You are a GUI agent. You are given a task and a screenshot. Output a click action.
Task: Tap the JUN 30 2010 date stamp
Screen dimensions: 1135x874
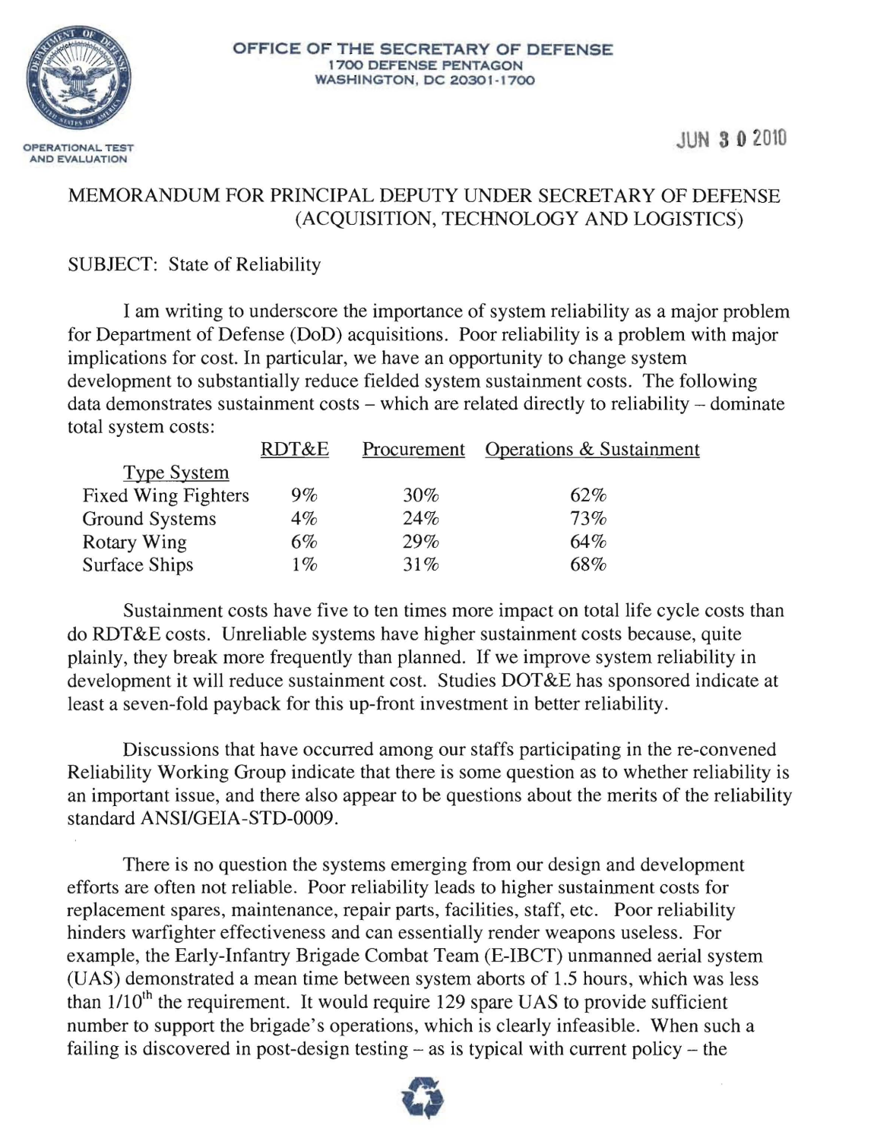(x=730, y=140)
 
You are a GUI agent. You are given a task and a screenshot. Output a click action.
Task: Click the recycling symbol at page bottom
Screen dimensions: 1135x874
(x=423, y=1100)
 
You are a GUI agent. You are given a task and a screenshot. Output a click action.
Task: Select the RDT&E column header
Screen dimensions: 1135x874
(x=294, y=450)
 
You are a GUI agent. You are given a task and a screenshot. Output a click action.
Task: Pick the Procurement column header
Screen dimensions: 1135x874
(x=413, y=450)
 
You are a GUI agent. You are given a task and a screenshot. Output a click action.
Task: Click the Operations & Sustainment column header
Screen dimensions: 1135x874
(x=592, y=450)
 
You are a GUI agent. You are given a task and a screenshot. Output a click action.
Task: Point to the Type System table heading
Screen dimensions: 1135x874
(x=176, y=473)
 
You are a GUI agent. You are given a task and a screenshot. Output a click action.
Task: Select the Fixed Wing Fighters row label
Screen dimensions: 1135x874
(x=166, y=496)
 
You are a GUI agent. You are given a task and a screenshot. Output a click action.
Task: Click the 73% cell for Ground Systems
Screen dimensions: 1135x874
(x=588, y=519)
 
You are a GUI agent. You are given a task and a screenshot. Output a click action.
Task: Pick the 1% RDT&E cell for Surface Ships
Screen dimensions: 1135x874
(x=304, y=564)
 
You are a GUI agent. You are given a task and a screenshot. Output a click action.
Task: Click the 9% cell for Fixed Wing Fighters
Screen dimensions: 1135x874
(x=304, y=496)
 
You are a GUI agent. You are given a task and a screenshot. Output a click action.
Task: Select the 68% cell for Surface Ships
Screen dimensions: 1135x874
(x=588, y=564)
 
